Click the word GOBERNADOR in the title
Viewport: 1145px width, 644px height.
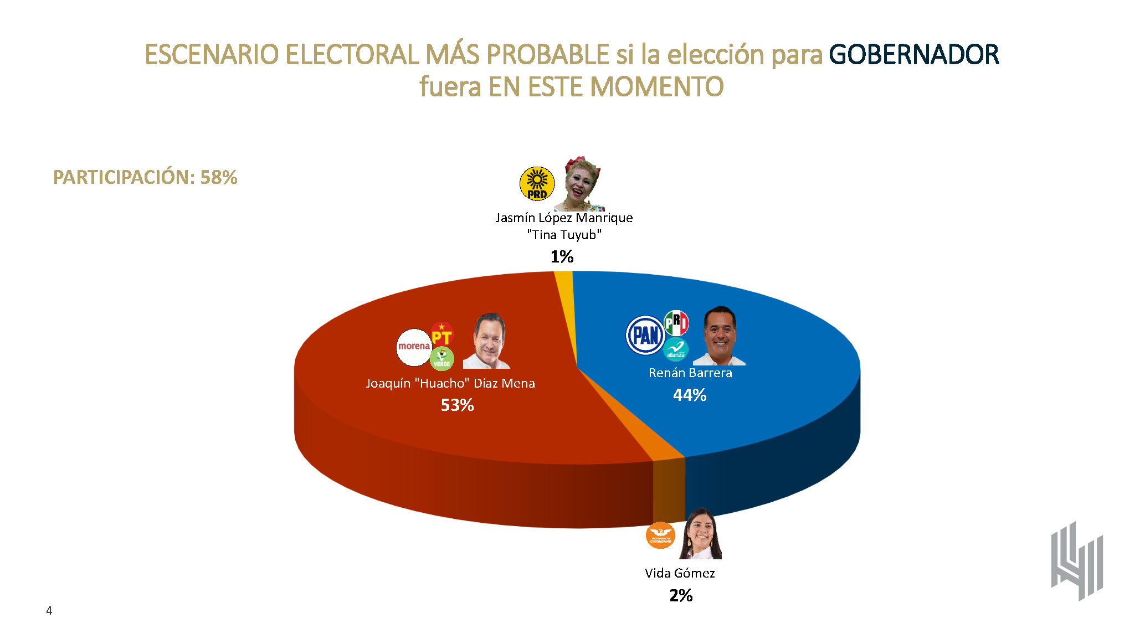click(x=913, y=55)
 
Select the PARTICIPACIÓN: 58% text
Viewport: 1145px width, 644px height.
click(x=145, y=177)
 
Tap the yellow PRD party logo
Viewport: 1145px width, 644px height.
click(x=537, y=183)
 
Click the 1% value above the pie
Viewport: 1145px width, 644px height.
click(x=562, y=256)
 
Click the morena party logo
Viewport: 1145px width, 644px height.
click(x=414, y=347)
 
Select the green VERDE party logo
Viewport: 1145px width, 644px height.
click(x=441, y=359)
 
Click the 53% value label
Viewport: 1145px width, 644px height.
click(x=457, y=405)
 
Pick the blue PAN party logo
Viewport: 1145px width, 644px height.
click(x=645, y=335)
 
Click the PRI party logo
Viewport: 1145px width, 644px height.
click(x=676, y=323)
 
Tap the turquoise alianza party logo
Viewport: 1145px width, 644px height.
click(x=675, y=350)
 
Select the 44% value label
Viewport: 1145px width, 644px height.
click(x=690, y=395)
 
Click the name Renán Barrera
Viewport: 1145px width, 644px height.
click(x=690, y=373)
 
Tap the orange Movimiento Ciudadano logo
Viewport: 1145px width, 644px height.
click(x=660, y=535)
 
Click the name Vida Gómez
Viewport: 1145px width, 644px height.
click(x=680, y=573)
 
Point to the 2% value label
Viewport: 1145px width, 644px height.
click(x=681, y=595)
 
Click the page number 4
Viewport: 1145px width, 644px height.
click(x=49, y=610)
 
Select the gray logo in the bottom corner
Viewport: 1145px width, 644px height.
click(x=1077, y=561)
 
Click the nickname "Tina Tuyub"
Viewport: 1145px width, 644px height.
click(x=564, y=235)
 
